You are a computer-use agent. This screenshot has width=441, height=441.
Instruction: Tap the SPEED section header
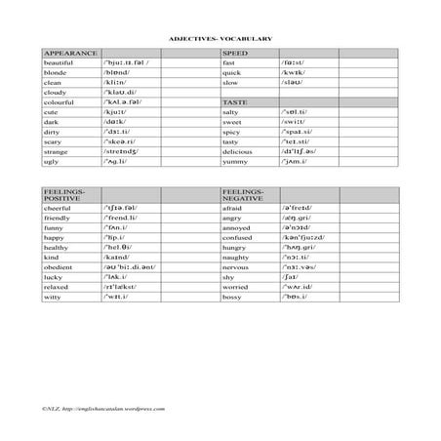point(235,52)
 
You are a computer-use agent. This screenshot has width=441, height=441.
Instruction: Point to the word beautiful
point(60,62)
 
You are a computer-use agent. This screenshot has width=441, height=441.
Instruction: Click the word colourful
point(60,101)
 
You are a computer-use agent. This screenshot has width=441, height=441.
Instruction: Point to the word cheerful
point(60,208)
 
